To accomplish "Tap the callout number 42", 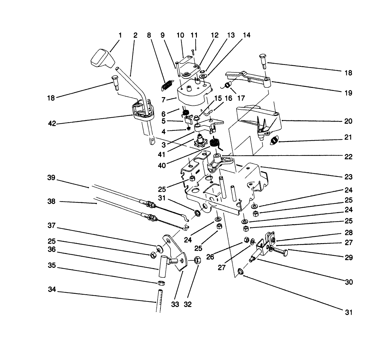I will tap(52, 123).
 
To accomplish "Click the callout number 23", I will tap(348, 177).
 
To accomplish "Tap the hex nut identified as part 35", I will tap(160, 283).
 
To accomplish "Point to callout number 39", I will tap(51, 178).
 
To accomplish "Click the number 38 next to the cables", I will tap(51, 201).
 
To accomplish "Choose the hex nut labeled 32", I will tap(198, 260).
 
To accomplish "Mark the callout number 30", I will tap(348, 282).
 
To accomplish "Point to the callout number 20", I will tap(348, 121).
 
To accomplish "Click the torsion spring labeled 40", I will tap(214, 143).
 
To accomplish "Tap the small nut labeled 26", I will tap(247, 239).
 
